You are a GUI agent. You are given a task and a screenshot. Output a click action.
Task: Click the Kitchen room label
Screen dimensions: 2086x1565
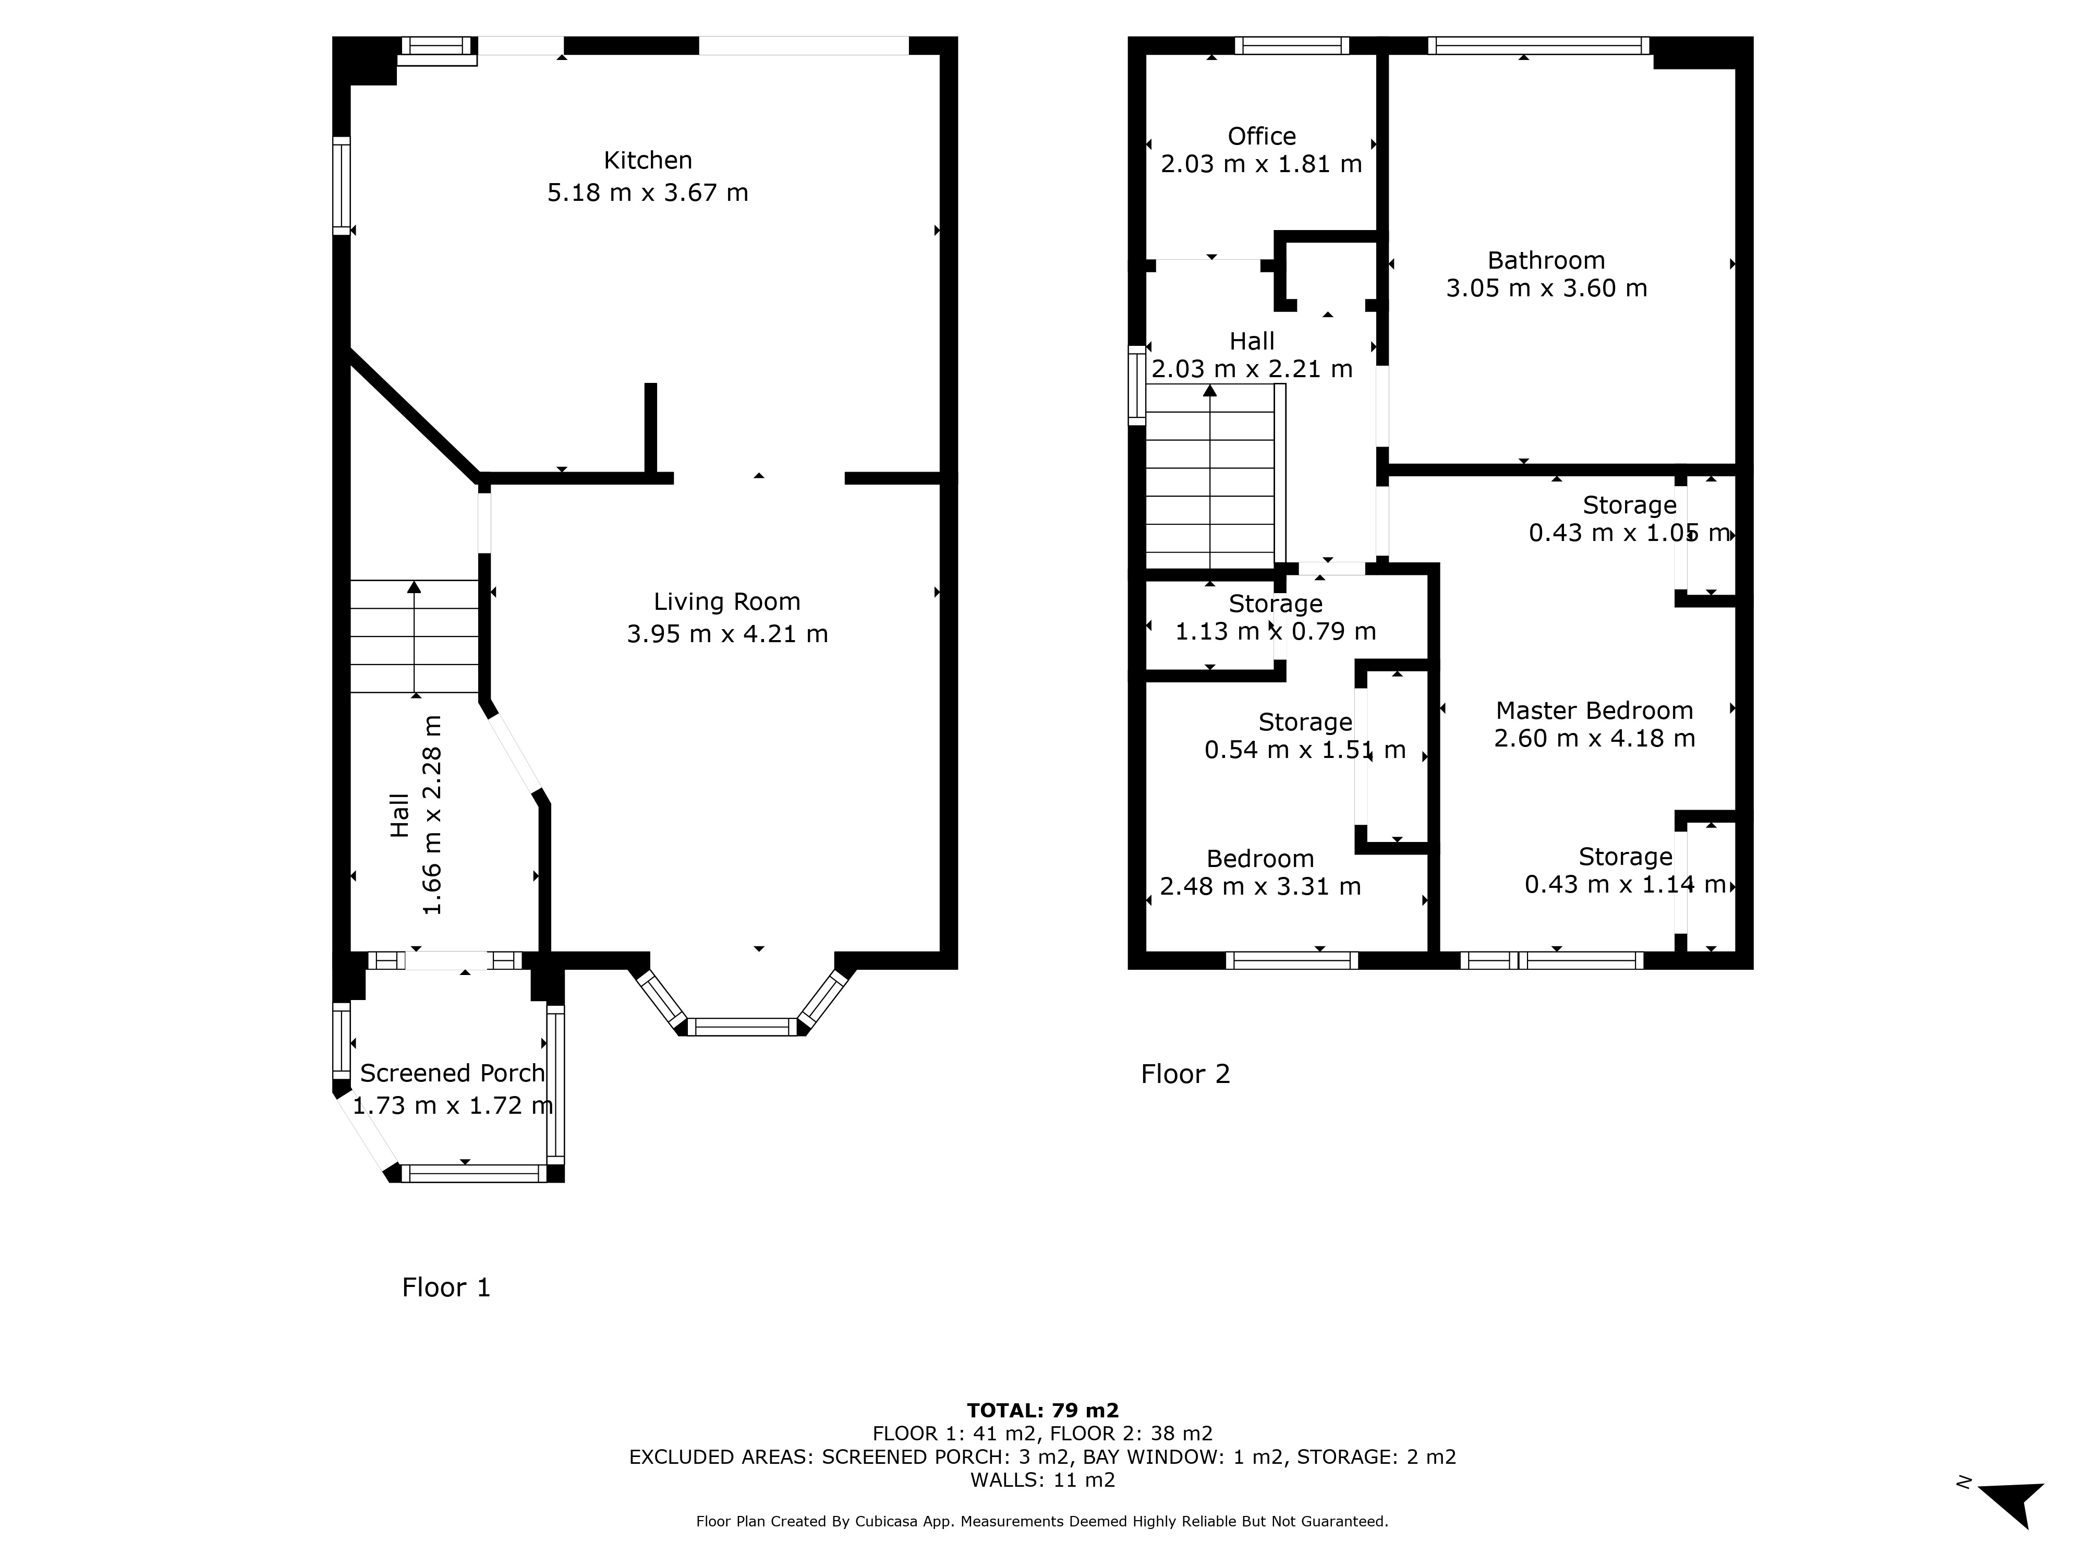point(648,160)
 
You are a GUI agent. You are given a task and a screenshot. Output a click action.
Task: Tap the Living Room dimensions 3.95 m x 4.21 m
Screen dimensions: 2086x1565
point(727,634)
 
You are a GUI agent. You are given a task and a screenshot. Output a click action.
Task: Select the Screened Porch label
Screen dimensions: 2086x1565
point(453,1074)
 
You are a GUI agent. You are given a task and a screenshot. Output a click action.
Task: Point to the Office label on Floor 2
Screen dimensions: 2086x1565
point(1262,137)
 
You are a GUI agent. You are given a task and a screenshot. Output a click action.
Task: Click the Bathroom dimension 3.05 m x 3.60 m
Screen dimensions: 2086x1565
point(1547,288)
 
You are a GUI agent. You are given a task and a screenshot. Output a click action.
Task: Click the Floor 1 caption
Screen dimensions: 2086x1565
point(446,1287)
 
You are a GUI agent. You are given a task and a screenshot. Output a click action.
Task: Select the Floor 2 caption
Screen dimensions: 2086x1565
point(1185,1075)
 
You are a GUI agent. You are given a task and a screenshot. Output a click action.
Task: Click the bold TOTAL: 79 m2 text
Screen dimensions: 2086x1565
point(1043,1410)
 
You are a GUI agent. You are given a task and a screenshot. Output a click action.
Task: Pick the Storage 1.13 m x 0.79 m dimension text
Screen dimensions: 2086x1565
point(1276,631)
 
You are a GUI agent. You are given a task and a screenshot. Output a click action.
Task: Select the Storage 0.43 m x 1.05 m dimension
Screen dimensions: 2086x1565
point(1630,533)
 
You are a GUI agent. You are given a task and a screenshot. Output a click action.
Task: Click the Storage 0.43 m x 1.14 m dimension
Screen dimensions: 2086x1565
point(1626,885)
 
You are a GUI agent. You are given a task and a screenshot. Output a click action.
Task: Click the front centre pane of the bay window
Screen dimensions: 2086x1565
point(742,1027)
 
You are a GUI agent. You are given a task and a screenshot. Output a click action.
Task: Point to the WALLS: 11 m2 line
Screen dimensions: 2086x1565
point(1043,1480)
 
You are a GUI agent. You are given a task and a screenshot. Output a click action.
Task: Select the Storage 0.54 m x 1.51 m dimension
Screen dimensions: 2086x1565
point(1305,750)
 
